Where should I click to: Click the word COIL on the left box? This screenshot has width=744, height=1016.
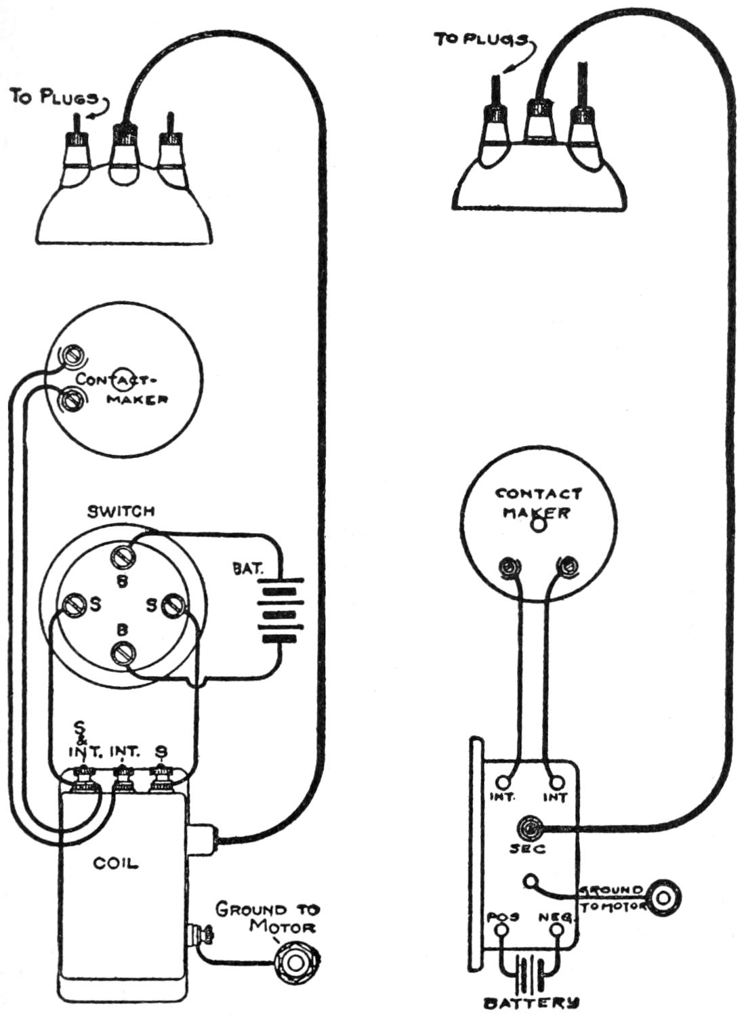tap(115, 863)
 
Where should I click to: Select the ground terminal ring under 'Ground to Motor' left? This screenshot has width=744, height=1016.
tap(294, 961)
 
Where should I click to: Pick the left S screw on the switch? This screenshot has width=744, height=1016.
tap(73, 603)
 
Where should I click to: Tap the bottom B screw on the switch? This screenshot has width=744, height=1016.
tap(124, 653)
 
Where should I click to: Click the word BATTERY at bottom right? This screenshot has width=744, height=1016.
tap(530, 1002)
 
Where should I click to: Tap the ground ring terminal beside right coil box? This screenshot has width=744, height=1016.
tap(662, 898)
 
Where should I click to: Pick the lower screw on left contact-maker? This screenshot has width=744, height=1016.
tap(72, 400)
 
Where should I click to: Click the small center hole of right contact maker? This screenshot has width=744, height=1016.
tap(537, 524)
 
